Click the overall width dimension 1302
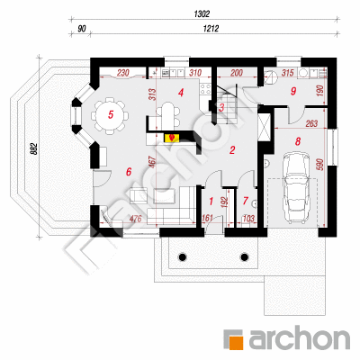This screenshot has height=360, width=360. pyautogui.click(x=202, y=13)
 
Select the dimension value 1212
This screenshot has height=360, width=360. pyautogui.click(x=211, y=29)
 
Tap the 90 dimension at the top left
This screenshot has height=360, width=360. pyautogui.click(x=82, y=29)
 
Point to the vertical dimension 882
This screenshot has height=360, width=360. pyautogui.click(x=34, y=148)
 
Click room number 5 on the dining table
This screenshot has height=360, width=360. pyautogui.click(x=111, y=114)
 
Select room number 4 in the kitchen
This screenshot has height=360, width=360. pyautogui.click(x=181, y=93)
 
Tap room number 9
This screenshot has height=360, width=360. pyautogui.click(x=293, y=91)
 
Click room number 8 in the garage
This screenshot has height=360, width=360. pyautogui.click(x=298, y=141)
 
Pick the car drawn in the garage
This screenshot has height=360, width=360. pyautogui.click(x=296, y=188)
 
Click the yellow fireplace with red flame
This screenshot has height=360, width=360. pyautogui.click(x=172, y=138)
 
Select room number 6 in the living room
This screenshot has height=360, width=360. pyautogui.click(x=129, y=172)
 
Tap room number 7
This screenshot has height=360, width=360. pyautogui.click(x=246, y=201)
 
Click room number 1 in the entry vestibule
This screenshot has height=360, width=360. pyautogui.click(x=211, y=202)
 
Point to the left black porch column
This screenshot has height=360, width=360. pyautogui.click(x=182, y=256)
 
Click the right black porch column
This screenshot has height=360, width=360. pyautogui.click(x=245, y=256)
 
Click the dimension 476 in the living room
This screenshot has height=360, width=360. pyautogui.click(x=135, y=219)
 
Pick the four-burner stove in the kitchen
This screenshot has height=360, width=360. pyautogui.click(x=205, y=89)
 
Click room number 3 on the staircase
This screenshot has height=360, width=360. pyautogui.click(x=221, y=108)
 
